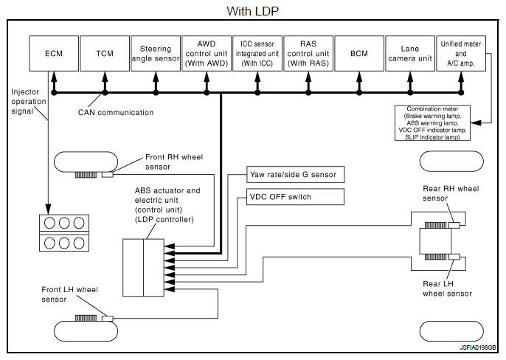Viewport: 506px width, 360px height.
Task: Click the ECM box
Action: point(53,54)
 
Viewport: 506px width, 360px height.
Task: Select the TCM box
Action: point(104,54)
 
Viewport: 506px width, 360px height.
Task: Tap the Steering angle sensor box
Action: point(155,54)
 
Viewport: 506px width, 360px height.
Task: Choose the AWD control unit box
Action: point(206,54)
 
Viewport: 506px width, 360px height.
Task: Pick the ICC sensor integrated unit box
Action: point(257,54)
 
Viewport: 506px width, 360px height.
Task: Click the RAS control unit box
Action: point(308,54)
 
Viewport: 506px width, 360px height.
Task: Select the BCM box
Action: point(359,54)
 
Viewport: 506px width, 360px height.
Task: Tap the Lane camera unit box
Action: point(410,54)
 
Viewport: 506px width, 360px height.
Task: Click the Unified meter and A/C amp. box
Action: point(462,54)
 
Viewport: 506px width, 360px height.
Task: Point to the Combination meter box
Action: point(432,122)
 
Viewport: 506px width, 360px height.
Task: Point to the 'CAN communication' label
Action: point(116,113)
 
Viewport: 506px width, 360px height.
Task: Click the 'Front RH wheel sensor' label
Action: point(175,162)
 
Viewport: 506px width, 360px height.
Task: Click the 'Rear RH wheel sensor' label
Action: point(449,193)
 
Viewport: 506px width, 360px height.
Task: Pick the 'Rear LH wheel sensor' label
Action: point(447,288)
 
